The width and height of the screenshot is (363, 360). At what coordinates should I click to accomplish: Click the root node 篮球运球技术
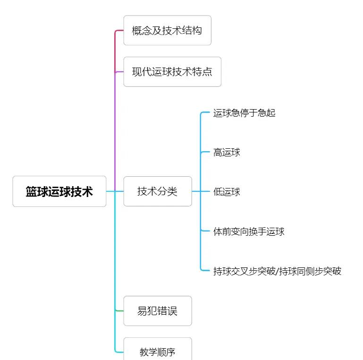pos(59,191)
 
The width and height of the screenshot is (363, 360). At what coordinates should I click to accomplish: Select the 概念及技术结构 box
pos(167,30)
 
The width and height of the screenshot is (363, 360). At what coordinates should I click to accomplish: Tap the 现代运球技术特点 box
pos(172,72)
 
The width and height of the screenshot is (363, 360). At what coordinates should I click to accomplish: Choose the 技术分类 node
pos(158,191)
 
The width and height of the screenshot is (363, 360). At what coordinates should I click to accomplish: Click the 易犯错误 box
pos(158,311)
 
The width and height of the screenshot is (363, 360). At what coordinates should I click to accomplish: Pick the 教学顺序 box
pos(158,351)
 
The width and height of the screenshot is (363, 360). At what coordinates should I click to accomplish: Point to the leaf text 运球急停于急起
pos(244,113)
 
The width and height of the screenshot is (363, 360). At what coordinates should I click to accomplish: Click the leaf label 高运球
pos(227,152)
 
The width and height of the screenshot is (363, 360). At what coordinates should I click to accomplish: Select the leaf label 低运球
pos(227,192)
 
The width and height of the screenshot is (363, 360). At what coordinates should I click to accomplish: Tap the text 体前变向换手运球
pos(249,231)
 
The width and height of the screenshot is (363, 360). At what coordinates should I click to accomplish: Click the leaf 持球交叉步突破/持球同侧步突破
pos(277,271)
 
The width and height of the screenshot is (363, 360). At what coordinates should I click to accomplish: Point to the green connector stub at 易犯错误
pos(119,311)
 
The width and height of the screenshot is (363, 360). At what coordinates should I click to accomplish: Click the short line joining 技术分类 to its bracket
pos(196,191)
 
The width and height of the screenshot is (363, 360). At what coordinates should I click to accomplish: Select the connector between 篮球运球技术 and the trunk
pos(110,191)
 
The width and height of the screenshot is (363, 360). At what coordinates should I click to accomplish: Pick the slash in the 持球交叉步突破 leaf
pos(278,271)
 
